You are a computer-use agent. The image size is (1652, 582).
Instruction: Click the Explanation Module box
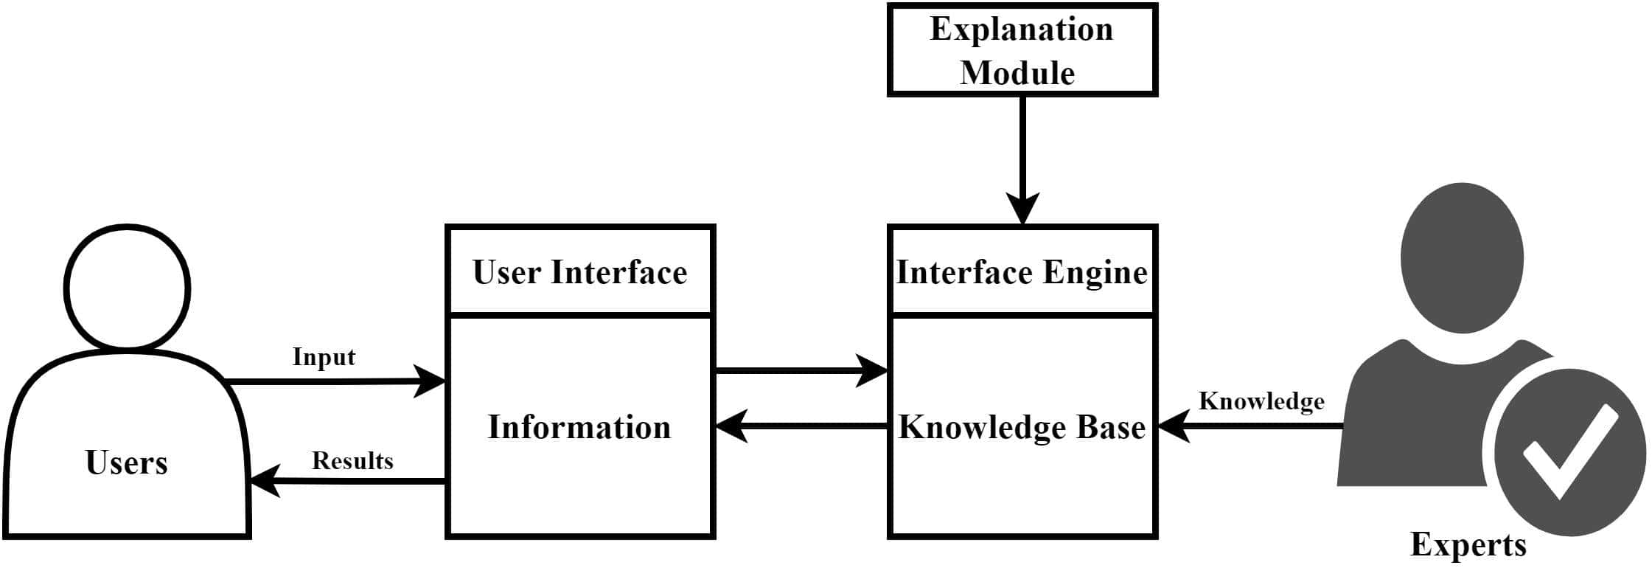[1022, 50]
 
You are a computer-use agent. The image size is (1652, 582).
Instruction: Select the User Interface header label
[579, 272]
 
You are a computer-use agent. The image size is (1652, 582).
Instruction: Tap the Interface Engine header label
[1022, 272]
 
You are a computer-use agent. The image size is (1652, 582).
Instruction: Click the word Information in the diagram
[579, 427]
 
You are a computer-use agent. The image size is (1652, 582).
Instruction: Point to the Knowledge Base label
[1022, 427]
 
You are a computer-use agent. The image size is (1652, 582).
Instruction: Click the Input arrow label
[324, 357]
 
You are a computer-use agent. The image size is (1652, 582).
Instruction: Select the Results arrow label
[352, 461]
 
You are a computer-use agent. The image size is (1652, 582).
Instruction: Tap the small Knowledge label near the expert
[1261, 401]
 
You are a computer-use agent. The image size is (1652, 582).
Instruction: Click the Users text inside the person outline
[126, 463]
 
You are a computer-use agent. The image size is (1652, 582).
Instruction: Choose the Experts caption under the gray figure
[1468, 545]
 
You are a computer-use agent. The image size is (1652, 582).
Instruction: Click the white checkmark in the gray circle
[1569, 451]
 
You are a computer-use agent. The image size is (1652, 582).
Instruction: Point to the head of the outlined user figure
[127, 288]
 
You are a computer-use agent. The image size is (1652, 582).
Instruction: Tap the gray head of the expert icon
[1461, 258]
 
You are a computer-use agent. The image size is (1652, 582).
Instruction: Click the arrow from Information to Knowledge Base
[800, 370]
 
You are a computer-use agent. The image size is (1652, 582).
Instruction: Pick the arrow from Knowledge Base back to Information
[800, 426]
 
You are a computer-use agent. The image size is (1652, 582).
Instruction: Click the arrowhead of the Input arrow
[431, 381]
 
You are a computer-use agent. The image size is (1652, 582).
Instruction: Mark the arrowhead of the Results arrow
[265, 481]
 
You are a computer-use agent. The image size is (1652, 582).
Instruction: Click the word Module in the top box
[1017, 73]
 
